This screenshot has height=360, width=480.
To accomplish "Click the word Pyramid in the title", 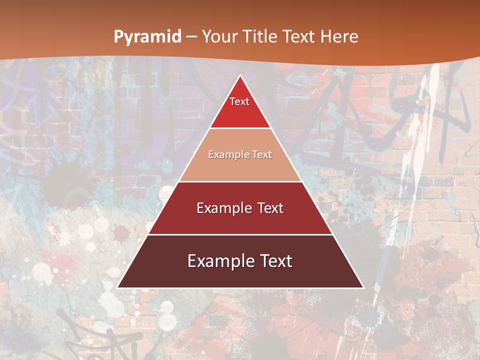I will point(147,37).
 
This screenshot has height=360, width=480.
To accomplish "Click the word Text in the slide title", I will point(299,37).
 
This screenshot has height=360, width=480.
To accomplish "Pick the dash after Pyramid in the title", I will point(191,37).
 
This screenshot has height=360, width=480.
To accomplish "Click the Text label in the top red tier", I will point(239,101).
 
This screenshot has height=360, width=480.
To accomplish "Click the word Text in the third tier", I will point(270,208).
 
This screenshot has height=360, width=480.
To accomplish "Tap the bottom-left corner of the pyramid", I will point(117,287).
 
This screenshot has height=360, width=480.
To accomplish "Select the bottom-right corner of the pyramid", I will point(363,287).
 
